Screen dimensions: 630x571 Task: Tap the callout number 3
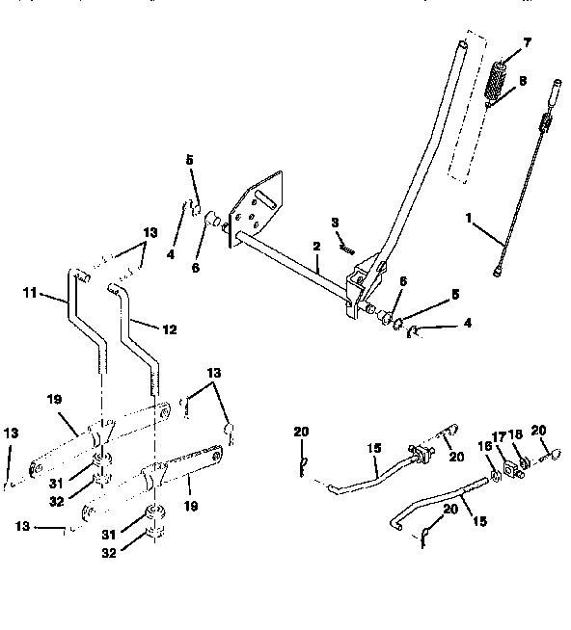pyautogui.click(x=335, y=223)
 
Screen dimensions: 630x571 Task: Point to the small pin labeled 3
pyautogui.click(x=347, y=248)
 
